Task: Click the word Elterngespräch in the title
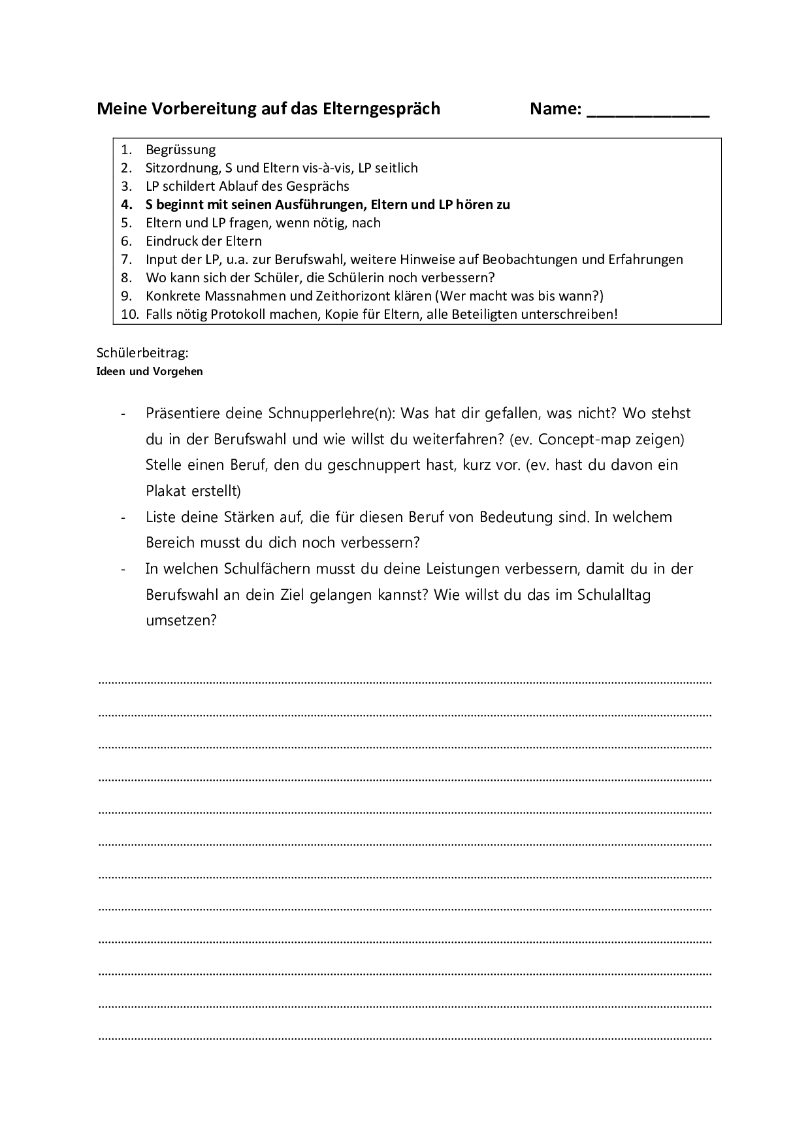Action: point(381,109)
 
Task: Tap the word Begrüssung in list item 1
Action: point(180,150)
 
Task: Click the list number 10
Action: point(130,314)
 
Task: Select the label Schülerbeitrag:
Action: point(142,353)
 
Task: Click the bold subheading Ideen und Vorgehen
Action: point(150,372)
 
